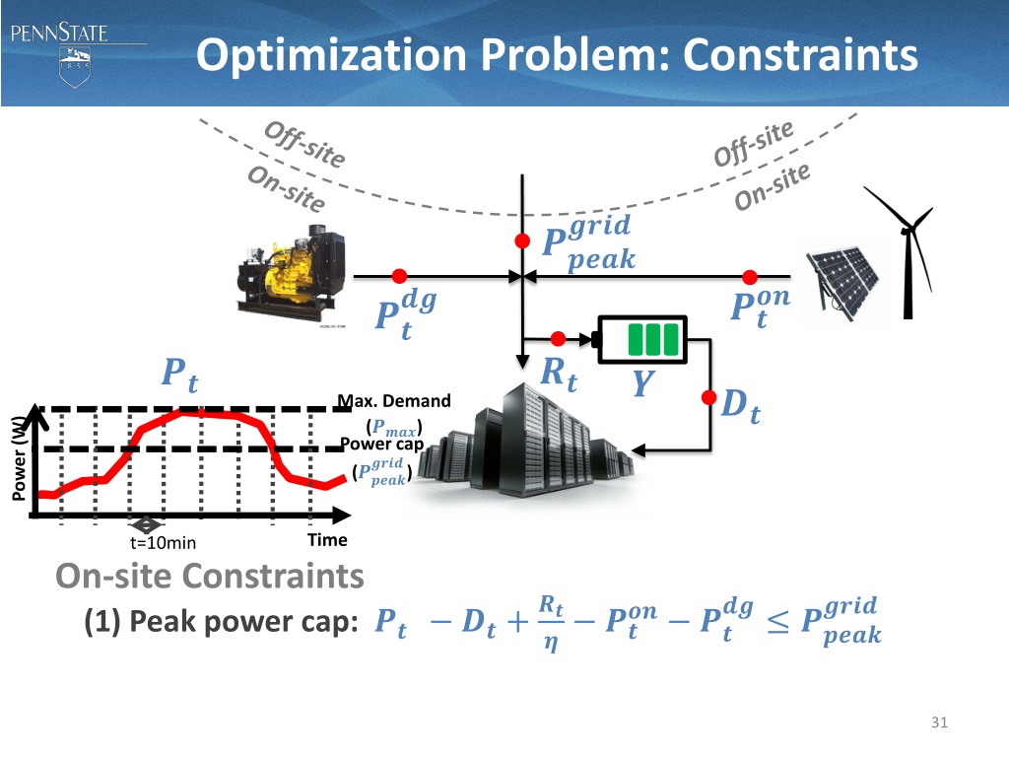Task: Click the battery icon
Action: [644, 339]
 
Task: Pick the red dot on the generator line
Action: [399, 276]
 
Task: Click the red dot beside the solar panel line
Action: [750, 276]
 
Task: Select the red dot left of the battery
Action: [558, 339]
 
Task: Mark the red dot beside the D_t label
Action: [709, 397]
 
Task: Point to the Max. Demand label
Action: [394, 401]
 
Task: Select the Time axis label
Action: [327, 540]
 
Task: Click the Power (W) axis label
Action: [19, 459]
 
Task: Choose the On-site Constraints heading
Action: [210, 576]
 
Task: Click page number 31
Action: [938, 724]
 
